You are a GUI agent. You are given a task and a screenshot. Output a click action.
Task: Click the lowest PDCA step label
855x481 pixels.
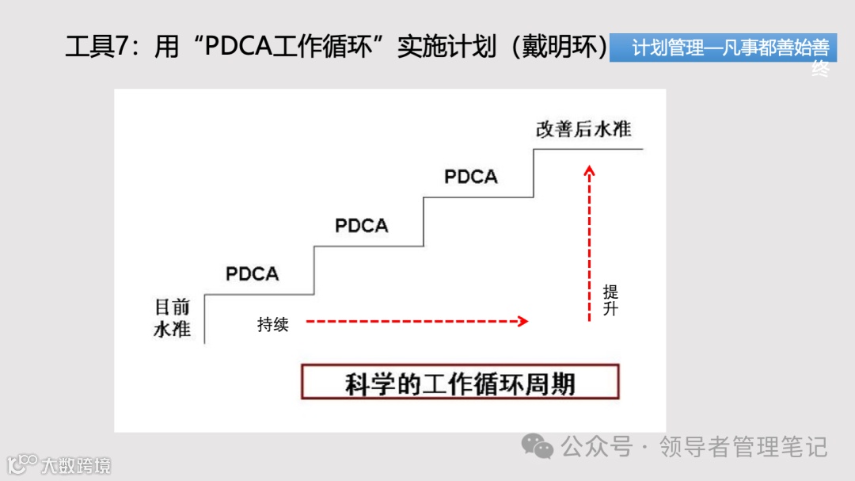[x=253, y=274]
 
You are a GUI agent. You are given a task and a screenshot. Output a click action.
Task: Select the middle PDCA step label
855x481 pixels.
[x=362, y=226]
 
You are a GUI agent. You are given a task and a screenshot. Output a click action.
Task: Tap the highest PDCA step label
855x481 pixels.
[x=471, y=177]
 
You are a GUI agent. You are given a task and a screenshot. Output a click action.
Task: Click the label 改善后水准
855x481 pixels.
[x=583, y=130]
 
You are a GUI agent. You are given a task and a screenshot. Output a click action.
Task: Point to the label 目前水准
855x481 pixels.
[x=172, y=317]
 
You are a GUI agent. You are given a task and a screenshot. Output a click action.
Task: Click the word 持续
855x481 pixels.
[x=273, y=324]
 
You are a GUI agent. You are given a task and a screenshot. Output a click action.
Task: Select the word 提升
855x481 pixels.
[x=610, y=300]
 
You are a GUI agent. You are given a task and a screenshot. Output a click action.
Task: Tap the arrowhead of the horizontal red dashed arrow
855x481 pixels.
[x=522, y=321]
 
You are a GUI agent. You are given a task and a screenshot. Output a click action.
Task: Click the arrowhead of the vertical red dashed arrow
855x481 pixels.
[x=589, y=169]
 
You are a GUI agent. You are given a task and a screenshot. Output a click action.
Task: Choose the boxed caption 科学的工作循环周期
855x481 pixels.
[x=460, y=384]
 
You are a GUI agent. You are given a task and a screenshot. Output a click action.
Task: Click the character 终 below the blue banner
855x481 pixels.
[x=820, y=70]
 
